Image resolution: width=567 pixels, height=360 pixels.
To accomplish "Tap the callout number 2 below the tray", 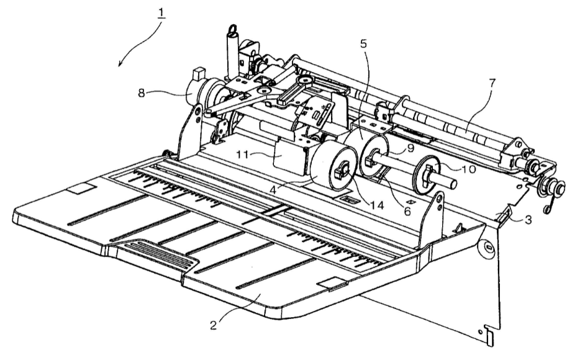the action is pos(214,325).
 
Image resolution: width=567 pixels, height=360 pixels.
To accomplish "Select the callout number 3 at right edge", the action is pos(528,219).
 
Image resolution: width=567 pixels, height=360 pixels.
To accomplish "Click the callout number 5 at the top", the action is pos(363,43).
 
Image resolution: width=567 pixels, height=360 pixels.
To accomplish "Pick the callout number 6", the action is pos(407,212).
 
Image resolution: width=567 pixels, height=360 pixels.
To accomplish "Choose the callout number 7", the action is pos(492,83).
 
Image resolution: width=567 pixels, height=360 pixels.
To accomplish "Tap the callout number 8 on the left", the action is pos(142,93).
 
